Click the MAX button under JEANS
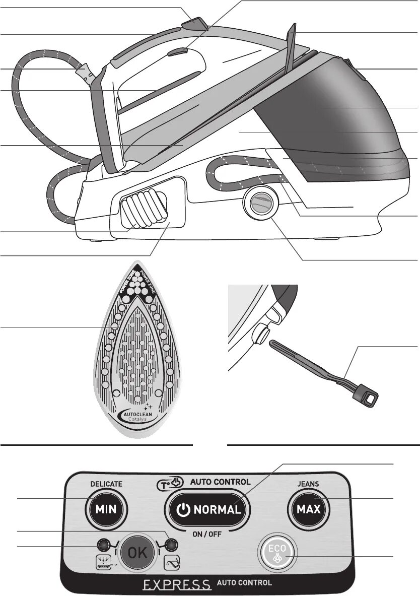[x=308, y=509]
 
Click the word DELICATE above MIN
[x=106, y=484]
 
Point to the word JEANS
[x=307, y=484]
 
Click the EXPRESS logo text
[x=177, y=584]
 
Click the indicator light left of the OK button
[x=103, y=545]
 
